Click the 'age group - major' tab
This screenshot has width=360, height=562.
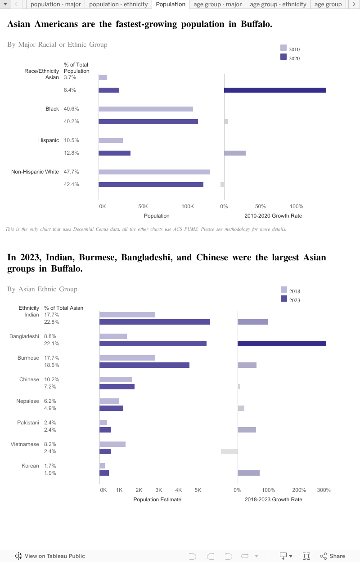pyautogui.click(x=218, y=4)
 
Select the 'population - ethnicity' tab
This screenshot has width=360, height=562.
pyautogui.click(x=118, y=4)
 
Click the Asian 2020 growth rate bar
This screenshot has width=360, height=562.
pyautogui.click(x=275, y=90)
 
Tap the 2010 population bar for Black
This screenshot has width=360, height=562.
pyautogui.click(x=146, y=109)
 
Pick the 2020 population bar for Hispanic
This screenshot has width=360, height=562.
pyautogui.click(x=114, y=153)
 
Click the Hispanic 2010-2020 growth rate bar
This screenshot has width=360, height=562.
pyautogui.click(x=235, y=153)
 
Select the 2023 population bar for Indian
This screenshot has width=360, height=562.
pyautogui.click(x=155, y=322)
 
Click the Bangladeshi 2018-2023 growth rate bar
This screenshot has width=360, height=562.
pyautogui.click(x=282, y=343)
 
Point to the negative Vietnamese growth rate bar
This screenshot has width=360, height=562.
pyautogui.click(x=229, y=451)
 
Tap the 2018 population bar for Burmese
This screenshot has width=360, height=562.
pyautogui.click(x=127, y=358)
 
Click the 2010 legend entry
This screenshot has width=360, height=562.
pyautogui.click(x=290, y=49)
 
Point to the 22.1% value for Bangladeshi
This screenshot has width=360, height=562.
pyautogui.click(x=52, y=343)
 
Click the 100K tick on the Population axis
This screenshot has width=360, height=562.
pyautogui.click(x=188, y=206)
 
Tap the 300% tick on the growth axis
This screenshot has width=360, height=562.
pyautogui.click(x=324, y=490)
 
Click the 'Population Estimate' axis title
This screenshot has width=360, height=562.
pyautogui.click(x=157, y=500)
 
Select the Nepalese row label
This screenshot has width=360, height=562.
pyautogui.click(x=28, y=401)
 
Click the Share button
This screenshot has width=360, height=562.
pyautogui.click(x=333, y=556)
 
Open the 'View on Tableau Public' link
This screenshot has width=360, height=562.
pyautogui.click(x=50, y=556)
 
